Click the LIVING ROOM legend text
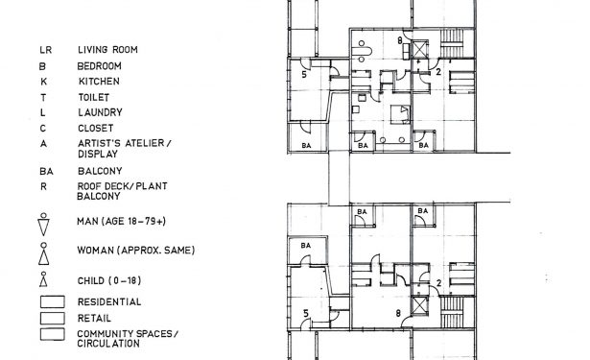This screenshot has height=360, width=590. pyautogui.click(x=107, y=49)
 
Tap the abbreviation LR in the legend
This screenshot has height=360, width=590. pyautogui.click(x=45, y=50)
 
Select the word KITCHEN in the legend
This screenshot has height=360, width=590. pyautogui.click(x=99, y=81)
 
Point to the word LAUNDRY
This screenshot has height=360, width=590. pyautogui.click(x=100, y=112)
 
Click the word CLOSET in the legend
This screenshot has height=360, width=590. pyautogui.click(x=96, y=128)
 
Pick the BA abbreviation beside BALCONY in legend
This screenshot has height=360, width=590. pyautogui.click(x=46, y=171)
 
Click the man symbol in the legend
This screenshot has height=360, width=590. pyautogui.click(x=43, y=224)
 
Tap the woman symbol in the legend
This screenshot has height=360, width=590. pyautogui.click(x=44, y=253)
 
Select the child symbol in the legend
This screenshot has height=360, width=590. pyautogui.click(x=44, y=279)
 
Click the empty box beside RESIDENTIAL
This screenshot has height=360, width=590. pyautogui.click(x=53, y=301)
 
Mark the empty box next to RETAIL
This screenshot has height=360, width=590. pyautogui.click(x=53, y=318)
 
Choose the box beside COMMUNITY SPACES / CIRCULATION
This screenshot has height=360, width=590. pyautogui.click(x=53, y=334)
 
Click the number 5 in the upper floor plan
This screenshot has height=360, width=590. pyautogui.click(x=304, y=74)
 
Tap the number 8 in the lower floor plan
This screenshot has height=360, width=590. pyautogui.click(x=398, y=313)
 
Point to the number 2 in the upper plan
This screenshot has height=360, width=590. pyautogui.click(x=438, y=71)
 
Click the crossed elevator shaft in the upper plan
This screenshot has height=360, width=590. pyautogui.click(x=419, y=49)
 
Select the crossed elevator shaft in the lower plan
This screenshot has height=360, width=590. pyautogui.click(x=419, y=305)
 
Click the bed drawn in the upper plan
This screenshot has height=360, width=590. pyautogui.click(x=400, y=114)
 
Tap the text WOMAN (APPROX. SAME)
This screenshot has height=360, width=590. pyautogui.click(x=136, y=251)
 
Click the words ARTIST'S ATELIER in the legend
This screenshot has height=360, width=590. pyautogui.click(x=121, y=143)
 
